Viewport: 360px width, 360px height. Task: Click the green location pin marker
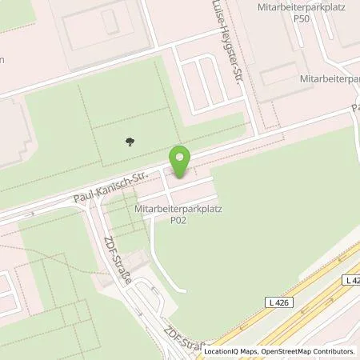(180, 162)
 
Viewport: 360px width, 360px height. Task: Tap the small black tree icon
(130, 142)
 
